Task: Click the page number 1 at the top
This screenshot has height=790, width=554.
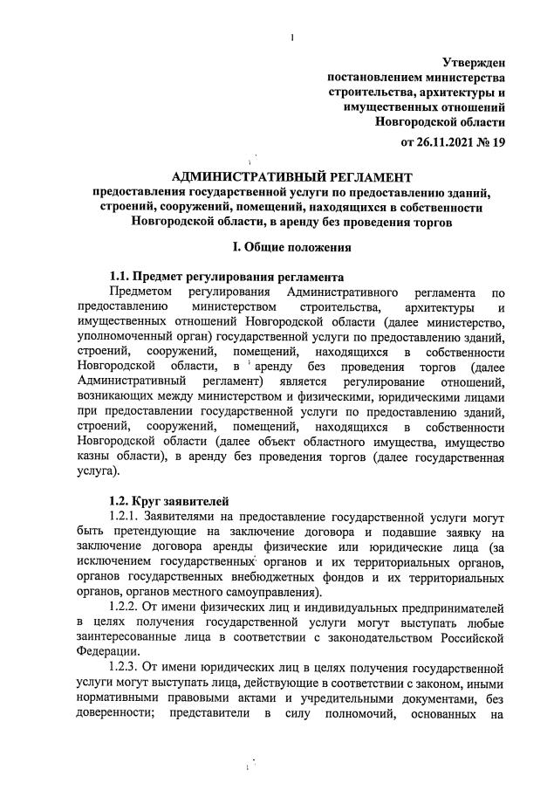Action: coord(291,37)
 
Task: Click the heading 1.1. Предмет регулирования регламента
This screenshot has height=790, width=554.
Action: coord(229,277)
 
